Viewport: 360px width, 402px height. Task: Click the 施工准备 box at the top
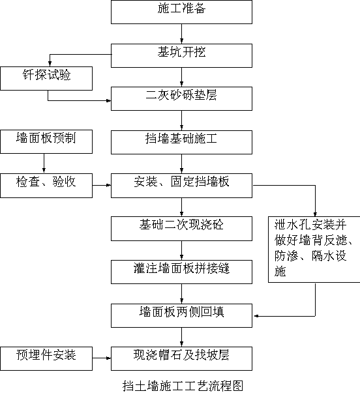coord(181,12)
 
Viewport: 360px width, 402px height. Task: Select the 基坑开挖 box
coord(181,55)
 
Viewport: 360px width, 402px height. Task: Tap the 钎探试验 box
coord(46,78)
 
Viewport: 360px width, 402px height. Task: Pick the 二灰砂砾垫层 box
coord(181,98)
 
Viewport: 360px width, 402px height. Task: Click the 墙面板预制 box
coord(46,141)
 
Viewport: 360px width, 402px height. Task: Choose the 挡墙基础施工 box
coord(181,142)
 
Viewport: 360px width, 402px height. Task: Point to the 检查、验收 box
coord(46,186)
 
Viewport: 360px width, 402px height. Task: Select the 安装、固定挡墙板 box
coord(181,186)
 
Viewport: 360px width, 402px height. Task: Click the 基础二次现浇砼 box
coord(181,229)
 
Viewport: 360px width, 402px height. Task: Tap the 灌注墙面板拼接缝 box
coord(181,272)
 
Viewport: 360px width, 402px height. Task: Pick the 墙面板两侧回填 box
coord(181,315)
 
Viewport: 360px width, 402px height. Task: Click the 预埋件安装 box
coord(46,358)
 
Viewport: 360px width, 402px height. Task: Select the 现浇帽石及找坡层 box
coord(181,358)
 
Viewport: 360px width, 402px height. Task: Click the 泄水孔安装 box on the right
coord(314,250)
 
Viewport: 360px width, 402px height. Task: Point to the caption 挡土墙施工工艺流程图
coord(183,386)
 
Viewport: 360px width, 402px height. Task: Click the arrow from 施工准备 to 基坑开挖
coord(182,34)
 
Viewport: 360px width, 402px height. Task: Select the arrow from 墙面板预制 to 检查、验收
coord(44,164)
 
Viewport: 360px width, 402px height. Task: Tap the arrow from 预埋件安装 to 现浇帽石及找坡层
coord(102,358)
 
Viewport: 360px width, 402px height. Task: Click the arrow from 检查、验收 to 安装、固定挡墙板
coord(102,185)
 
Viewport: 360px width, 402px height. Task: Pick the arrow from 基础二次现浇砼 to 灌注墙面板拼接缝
coord(182,250)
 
